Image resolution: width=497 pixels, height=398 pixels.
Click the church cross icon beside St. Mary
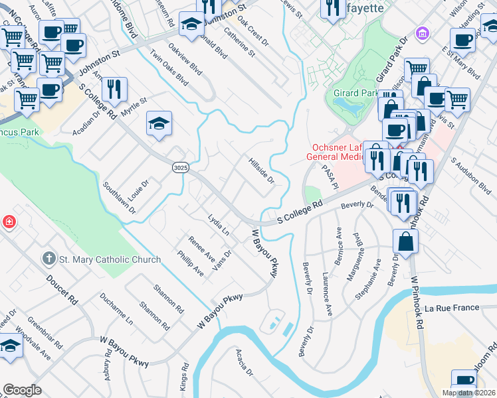pyautogui.click(x=48, y=258)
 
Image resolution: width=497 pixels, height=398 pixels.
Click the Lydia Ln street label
pyautogui.click(x=218, y=225)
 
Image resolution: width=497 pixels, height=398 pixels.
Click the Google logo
pyautogui.click(x=22, y=390)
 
